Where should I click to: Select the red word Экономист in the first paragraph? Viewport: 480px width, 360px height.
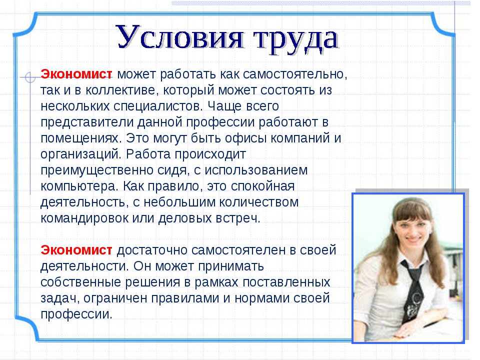76,74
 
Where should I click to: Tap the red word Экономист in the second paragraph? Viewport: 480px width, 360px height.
76,250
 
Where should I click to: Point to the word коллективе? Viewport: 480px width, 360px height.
122,90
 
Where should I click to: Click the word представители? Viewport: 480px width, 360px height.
87,122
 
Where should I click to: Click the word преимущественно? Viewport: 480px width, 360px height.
96,170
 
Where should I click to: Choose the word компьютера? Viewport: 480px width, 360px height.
79,186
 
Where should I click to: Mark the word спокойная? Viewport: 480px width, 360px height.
262,186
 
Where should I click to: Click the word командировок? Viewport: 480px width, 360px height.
84,218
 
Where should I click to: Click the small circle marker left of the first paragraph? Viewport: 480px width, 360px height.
30,77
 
